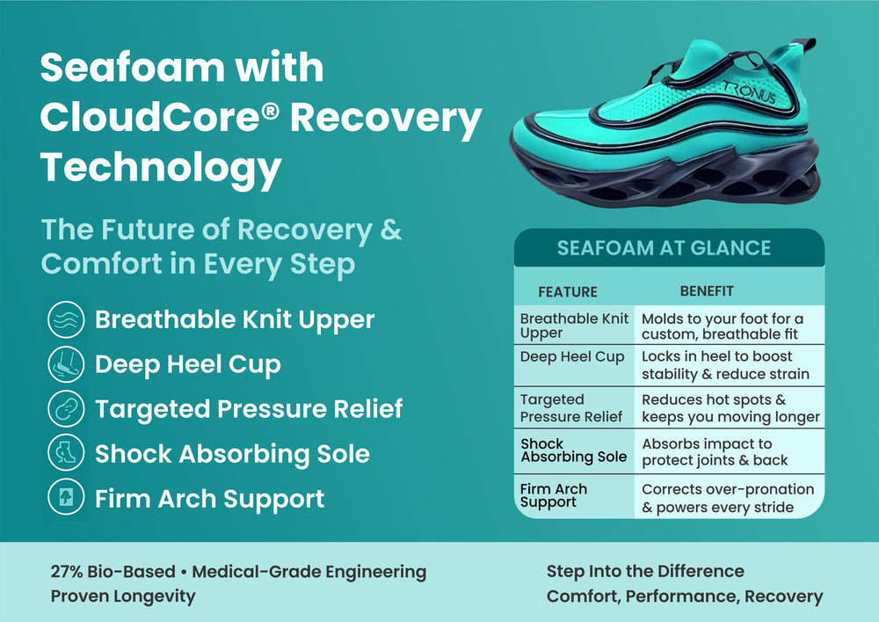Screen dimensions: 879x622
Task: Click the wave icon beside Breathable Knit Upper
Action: pyautogui.click(x=66, y=319)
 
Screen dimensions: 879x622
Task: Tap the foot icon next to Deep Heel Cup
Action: pyautogui.click(x=66, y=364)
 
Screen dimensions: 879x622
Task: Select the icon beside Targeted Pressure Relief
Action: pyautogui.click(x=66, y=408)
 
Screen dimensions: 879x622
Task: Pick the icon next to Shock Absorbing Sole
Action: pyautogui.click(x=66, y=452)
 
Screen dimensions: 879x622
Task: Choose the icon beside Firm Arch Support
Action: pyautogui.click(x=66, y=497)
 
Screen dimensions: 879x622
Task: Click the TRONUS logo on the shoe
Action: pyautogui.click(x=750, y=92)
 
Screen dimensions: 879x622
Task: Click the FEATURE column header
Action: pyautogui.click(x=567, y=292)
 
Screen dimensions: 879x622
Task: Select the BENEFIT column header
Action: pyautogui.click(x=707, y=291)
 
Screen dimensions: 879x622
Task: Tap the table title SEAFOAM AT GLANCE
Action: pyautogui.click(x=664, y=248)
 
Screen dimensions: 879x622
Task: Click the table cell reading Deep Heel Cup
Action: pyautogui.click(x=572, y=356)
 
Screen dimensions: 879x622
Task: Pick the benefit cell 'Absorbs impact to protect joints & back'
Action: pyautogui.click(x=715, y=452)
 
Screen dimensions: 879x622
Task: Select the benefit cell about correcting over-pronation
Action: pyautogui.click(x=728, y=498)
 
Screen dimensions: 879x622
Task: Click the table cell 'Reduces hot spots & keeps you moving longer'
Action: pyautogui.click(x=730, y=407)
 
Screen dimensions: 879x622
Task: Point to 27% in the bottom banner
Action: pyautogui.click(x=66, y=572)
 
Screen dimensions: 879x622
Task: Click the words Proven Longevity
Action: pyautogui.click(x=123, y=596)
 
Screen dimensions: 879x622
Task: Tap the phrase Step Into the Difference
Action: pyautogui.click(x=645, y=571)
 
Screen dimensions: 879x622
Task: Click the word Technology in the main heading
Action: pyautogui.click(x=161, y=168)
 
